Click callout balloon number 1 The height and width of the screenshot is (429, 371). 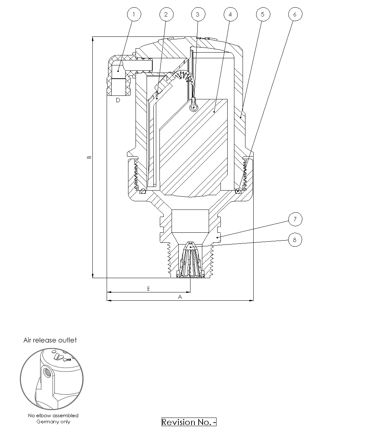click(x=134, y=14)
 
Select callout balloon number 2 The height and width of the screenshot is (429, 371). click(x=166, y=14)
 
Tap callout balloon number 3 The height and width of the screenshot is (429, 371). click(x=198, y=14)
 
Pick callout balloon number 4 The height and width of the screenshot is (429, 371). click(x=230, y=14)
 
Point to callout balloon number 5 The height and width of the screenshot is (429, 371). click(x=263, y=14)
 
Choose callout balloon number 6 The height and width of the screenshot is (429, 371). click(x=295, y=14)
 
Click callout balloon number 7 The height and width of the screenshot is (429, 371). click(x=295, y=219)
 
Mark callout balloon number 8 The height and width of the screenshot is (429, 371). click(x=295, y=240)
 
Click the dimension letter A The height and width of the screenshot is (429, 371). click(x=180, y=297)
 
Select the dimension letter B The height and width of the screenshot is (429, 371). click(x=90, y=157)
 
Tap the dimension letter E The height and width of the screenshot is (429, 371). click(x=149, y=289)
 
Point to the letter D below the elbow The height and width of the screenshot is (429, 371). click(x=118, y=100)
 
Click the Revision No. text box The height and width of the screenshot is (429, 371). click(x=189, y=422)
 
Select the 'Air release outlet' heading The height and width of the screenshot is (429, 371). click(x=50, y=340)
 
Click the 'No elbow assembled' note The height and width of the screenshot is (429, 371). click(x=53, y=415)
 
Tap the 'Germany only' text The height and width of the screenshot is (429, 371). click(x=53, y=421)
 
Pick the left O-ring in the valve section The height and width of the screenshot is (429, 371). click(x=143, y=191)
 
